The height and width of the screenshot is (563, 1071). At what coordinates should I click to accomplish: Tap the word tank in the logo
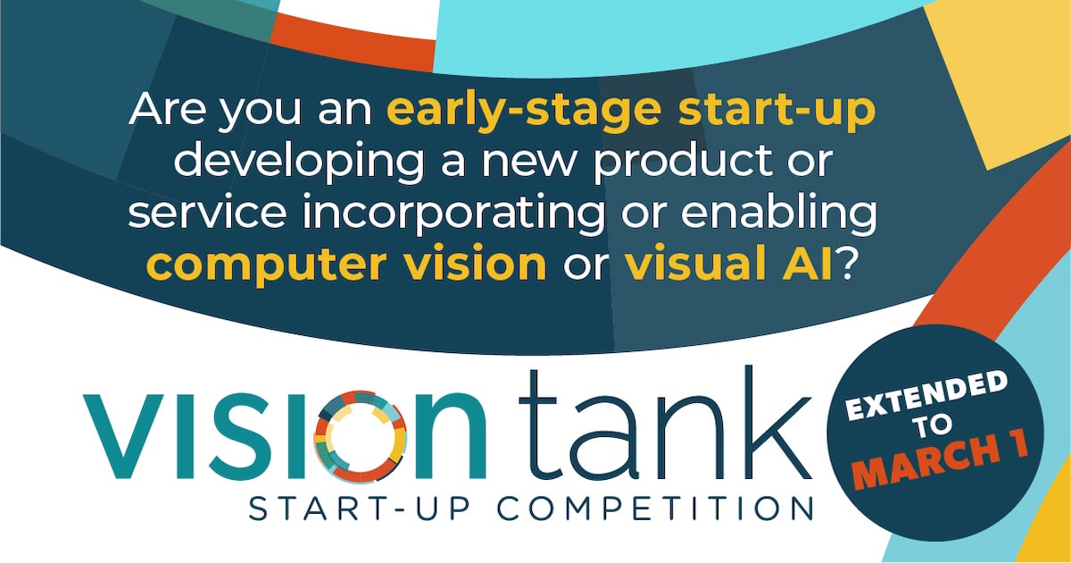(665, 426)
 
